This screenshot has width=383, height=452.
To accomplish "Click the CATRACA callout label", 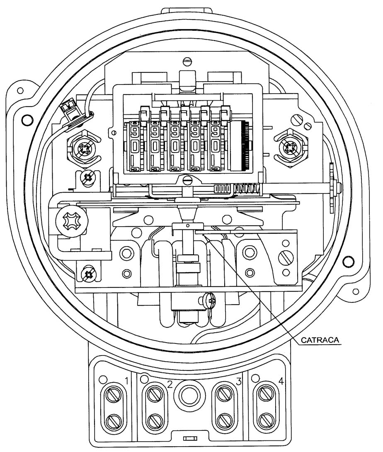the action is (x=320, y=340).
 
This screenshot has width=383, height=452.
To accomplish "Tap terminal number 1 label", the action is (x=126, y=382).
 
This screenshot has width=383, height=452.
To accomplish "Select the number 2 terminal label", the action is (x=170, y=384).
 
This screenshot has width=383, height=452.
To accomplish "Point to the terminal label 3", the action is (x=238, y=382).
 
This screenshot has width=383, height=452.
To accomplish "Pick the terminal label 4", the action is (x=281, y=382).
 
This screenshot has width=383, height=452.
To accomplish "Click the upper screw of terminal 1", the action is (x=113, y=395).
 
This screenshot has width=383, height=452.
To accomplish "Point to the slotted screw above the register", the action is (x=187, y=61).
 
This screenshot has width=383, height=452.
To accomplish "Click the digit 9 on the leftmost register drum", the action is (x=134, y=132).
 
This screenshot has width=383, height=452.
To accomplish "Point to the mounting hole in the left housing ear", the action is (x=20, y=90).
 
